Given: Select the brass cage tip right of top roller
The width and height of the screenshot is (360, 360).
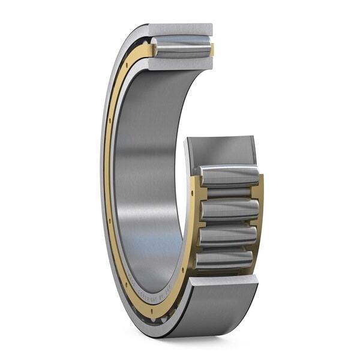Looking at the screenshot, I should [211, 50].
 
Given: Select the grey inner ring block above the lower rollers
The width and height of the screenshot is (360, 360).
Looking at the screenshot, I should [220, 150].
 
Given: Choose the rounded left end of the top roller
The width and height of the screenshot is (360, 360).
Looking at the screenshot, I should [155, 48].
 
